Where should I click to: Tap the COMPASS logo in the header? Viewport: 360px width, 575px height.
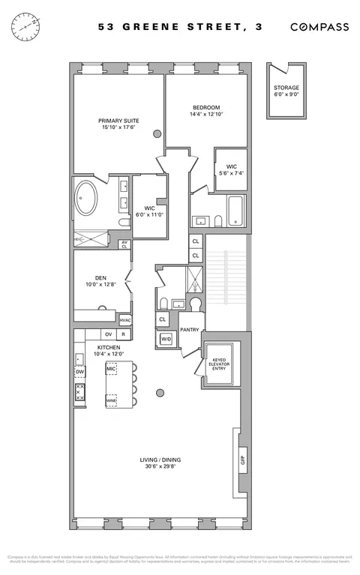[319, 27]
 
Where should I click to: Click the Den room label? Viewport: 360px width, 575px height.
[100, 277]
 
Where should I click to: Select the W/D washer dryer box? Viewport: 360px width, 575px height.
[166, 340]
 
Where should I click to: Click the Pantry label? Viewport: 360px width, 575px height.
[190, 329]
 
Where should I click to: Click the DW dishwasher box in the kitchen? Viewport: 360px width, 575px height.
[79, 372]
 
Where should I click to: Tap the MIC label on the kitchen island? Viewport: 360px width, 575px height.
[111, 369]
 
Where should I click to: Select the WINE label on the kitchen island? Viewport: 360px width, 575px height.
[111, 401]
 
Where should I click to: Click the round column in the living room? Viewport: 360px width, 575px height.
[160, 391]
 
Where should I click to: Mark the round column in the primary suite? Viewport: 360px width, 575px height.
[157, 133]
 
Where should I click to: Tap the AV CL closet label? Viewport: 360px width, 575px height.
[124, 244]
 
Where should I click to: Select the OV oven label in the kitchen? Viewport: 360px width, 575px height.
[108, 334]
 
